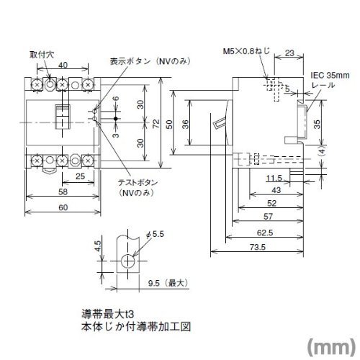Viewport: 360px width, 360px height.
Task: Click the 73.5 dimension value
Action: [x=258, y=247]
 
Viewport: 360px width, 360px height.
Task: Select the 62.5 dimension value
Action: [x=265, y=233]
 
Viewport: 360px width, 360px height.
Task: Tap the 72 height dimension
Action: [x=156, y=123]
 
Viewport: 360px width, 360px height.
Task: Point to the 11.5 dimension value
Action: [x=274, y=178]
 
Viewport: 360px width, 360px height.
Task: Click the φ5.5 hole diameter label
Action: [x=155, y=233]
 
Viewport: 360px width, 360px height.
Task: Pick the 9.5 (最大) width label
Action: [x=168, y=283]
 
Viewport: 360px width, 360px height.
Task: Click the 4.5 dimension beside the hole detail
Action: [x=98, y=246]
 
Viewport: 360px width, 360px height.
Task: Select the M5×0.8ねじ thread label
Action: [x=246, y=51]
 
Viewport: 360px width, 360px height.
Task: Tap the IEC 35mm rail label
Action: [x=330, y=80]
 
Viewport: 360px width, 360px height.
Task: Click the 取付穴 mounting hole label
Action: [x=42, y=55]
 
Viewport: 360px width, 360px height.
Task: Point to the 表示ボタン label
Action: [x=130, y=61]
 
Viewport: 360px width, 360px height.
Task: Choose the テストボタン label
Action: [x=138, y=183]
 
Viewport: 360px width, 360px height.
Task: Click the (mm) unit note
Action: [x=331, y=346]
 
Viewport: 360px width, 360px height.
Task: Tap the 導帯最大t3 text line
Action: [x=107, y=314]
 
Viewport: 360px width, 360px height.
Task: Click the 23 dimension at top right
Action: [x=289, y=53]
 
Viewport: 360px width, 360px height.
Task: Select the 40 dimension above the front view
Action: [x=63, y=65]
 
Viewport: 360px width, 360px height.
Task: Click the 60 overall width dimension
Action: [x=63, y=207]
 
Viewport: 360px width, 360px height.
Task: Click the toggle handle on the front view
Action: [x=63, y=117]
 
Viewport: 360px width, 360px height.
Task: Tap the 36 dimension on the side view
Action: [x=186, y=124]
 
